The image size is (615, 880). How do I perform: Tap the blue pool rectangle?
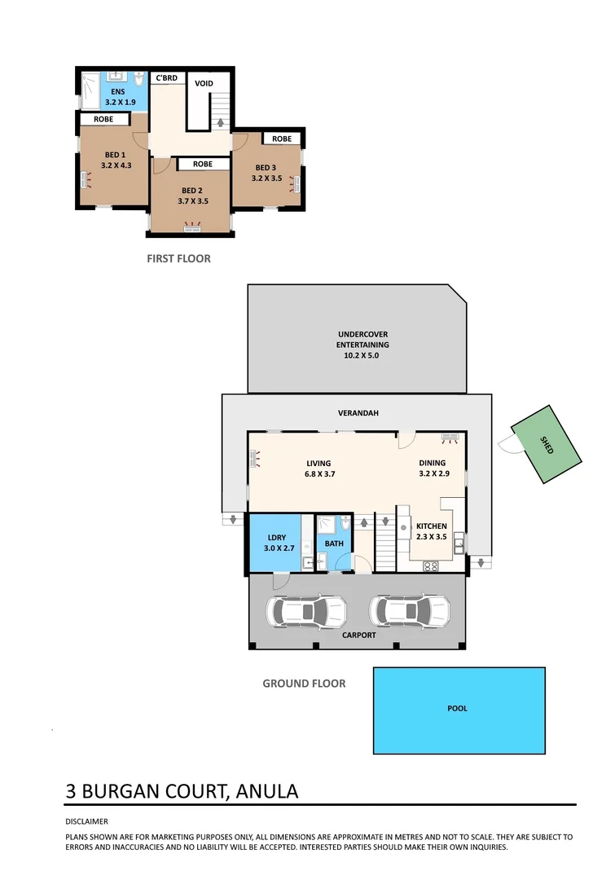point(459,710)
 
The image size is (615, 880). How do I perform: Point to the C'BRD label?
point(167,78)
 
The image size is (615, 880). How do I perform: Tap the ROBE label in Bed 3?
point(282,139)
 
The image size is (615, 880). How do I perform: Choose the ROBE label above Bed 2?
point(203,164)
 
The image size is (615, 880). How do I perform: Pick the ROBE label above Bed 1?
point(103,119)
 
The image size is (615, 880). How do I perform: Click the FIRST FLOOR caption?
point(178,258)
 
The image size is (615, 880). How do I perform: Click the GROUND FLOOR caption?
point(304,684)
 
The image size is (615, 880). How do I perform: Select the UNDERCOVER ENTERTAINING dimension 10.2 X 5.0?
point(358,355)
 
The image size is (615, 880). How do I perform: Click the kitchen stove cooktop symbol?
point(430,565)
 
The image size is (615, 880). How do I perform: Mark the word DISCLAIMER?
point(86,821)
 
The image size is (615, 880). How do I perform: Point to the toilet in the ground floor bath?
point(345,521)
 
